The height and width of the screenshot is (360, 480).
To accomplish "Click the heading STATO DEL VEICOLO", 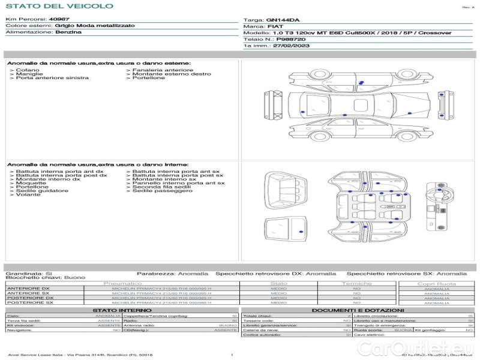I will pyautogui.click(x=59, y=6).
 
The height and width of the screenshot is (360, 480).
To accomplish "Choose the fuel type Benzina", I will pyautogui.click(x=68, y=32).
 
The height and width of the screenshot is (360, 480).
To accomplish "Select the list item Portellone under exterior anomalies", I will pyautogui.click(x=148, y=78).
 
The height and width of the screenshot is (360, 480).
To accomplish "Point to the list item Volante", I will pyautogui.click(x=27, y=195).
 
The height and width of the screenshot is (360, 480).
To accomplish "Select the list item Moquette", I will pyautogui.click(x=30, y=183).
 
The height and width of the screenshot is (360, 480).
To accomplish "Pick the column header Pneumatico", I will pyautogui.click(x=122, y=283).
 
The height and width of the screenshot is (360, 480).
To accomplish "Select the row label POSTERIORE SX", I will pyautogui.click(x=29, y=303).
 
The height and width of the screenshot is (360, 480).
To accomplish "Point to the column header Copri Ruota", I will pyautogui.click(x=436, y=283).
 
